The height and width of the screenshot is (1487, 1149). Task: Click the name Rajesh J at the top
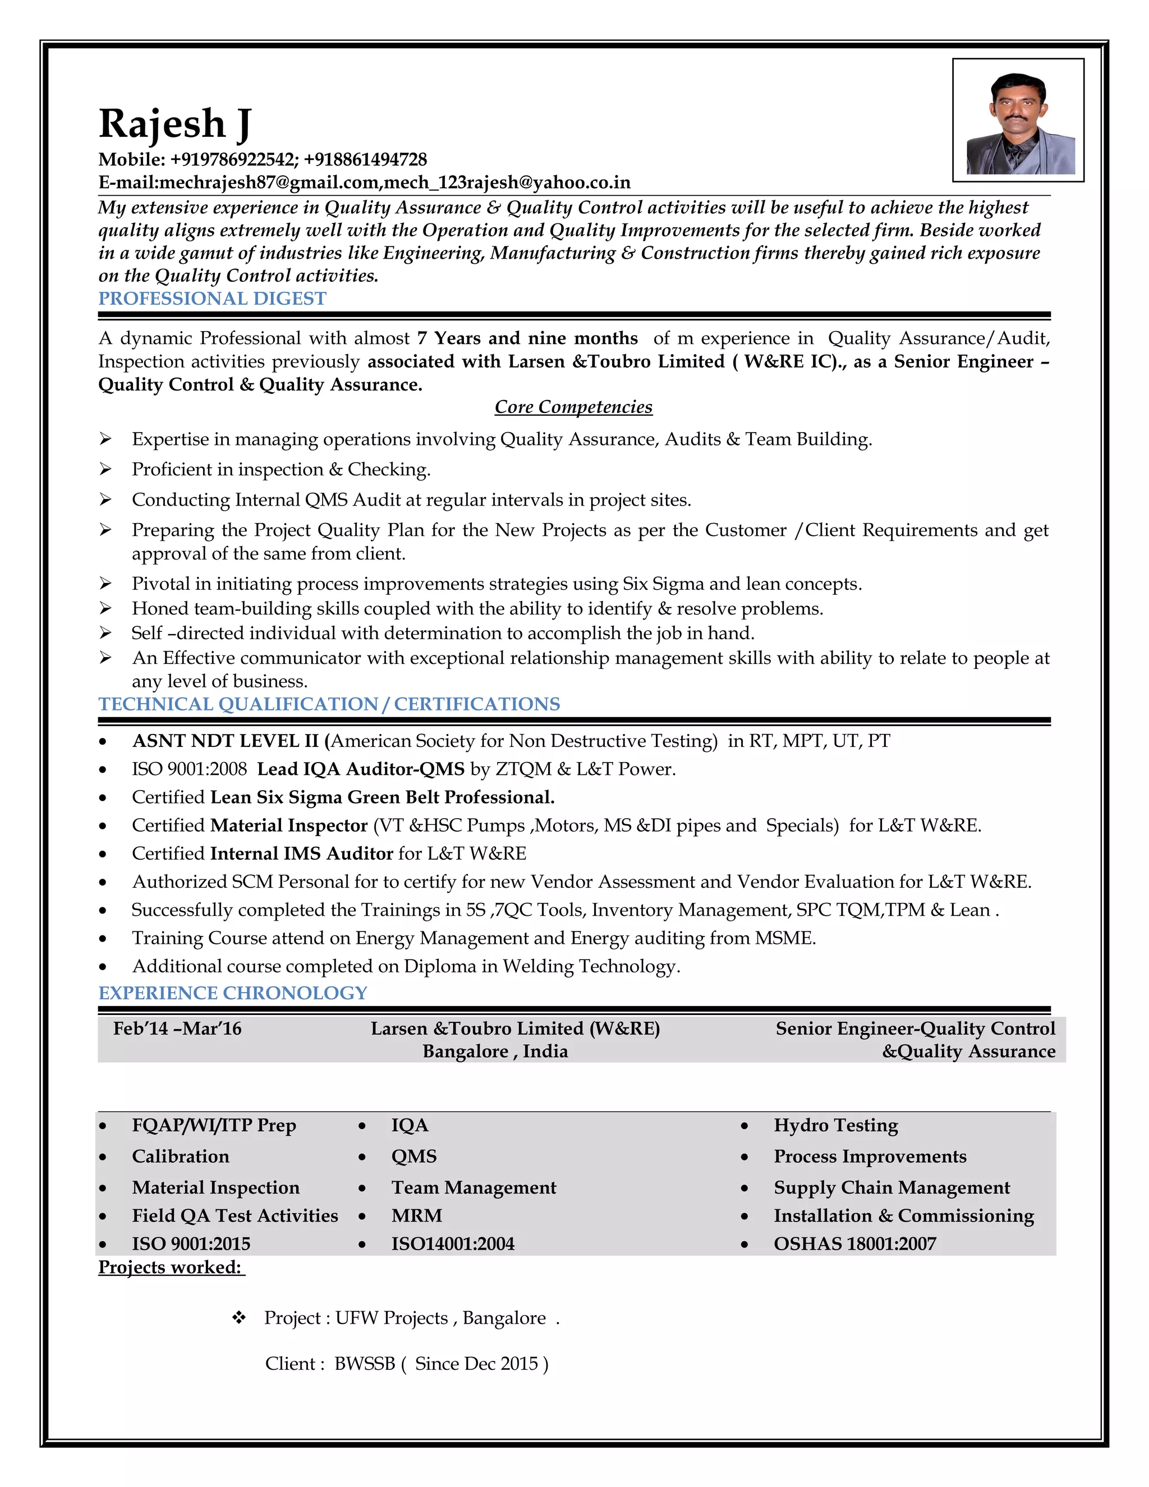point(175,124)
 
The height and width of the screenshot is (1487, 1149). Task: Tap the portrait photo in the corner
point(1018,121)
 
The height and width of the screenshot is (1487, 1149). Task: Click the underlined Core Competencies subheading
point(573,407)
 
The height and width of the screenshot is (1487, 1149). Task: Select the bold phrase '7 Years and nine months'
point(527,338)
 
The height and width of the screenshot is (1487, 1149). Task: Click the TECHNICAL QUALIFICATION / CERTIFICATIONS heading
point(329,704)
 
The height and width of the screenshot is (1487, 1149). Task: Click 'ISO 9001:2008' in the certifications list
point(189,769)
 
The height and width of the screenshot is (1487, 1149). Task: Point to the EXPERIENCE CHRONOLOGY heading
point(233,993)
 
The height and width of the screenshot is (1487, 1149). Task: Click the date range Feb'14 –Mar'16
point(177,1028)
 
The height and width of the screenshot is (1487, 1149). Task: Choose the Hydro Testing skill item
point(835,1126)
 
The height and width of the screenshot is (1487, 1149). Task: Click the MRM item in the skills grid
point(417,1215)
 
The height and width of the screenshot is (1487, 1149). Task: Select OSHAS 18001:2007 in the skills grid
point(854,1244)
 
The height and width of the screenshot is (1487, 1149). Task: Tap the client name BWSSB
point(364,1364)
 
